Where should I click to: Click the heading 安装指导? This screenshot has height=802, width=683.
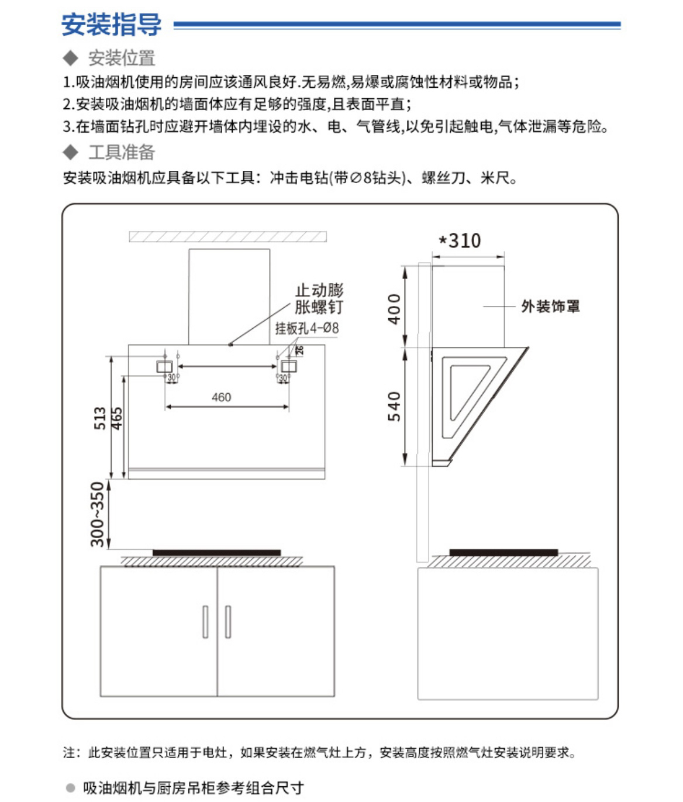tap(111, 25)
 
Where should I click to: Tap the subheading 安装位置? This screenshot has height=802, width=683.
tap(121, 58)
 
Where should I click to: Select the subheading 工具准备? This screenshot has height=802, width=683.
tap(121, 152)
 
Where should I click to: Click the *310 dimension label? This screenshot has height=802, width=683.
tap(460, 240)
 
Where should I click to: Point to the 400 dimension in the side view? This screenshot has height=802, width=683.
tap(395, 308)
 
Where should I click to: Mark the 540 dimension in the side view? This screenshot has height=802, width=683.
tap(395, 406)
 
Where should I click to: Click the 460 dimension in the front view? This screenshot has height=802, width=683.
tap(221, 397)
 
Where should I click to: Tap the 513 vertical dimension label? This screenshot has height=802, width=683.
tap(101, 418)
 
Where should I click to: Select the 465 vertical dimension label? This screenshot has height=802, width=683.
tap(117, 418)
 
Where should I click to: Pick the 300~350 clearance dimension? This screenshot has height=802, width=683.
tap(98, 514)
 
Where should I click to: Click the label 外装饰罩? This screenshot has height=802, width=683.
tap(550, 306)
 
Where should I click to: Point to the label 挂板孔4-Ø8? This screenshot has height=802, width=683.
tap(307, 328)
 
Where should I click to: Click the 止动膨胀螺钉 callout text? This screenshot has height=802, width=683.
tap(319, 298)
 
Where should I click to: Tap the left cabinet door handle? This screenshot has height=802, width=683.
tap(205, 621)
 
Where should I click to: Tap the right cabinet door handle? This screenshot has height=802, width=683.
tap(228, 621)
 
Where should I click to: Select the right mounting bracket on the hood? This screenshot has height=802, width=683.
tap(289, 367)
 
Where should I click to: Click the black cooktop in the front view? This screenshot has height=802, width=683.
tap(216, 552)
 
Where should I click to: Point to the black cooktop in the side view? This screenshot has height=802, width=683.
tap(503, 552)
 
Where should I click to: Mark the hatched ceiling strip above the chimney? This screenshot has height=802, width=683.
tap(227, 237)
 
